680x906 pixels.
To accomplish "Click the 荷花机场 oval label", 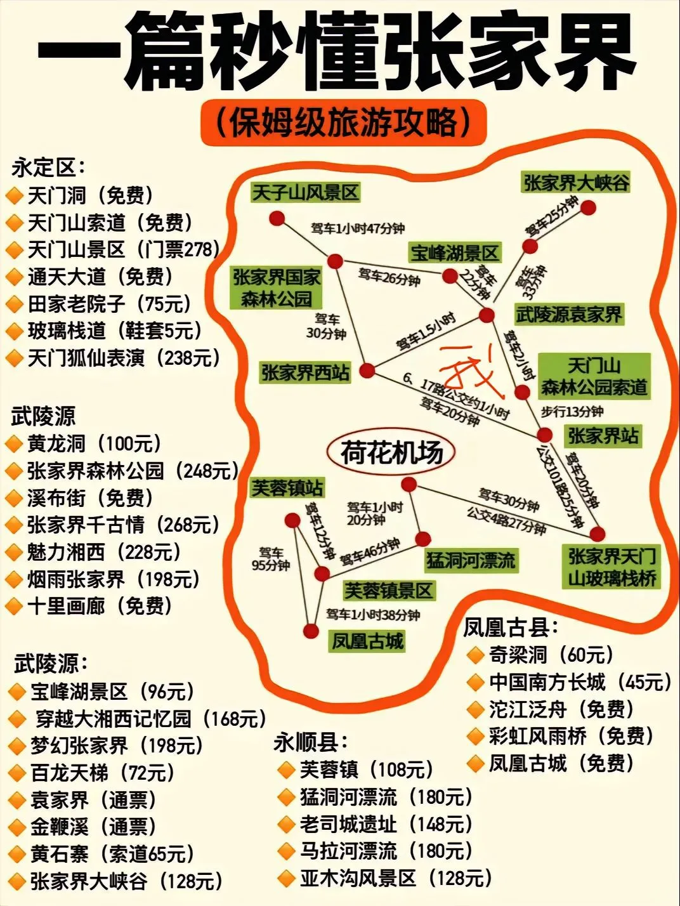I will pyautogui.click(x=391, y=453).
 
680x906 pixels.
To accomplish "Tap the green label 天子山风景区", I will pyautogui.click(x=306, y=192).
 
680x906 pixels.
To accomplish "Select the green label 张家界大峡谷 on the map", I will pyautogui.click(x=576, y=183).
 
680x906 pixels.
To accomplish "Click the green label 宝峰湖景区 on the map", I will pyautogui.click(x=454, y=253).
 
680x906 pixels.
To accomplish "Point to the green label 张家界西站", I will pyautogui.click(x=305, y=372).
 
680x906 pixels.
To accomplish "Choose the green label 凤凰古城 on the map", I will pyautogui.click(x=367, y=641).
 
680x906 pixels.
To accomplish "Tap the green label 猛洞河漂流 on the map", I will pyautogui.click(x=471, y=560).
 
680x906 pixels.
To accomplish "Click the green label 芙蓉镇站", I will pyautogui.click(x=287, y=488).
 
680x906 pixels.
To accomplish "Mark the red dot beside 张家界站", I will pyautogui.click(x=545, y=435).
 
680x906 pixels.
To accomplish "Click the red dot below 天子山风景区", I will pyautogui.click(x=276, y=218).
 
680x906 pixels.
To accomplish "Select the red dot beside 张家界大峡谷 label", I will pyautogui.click(x=589, y=207).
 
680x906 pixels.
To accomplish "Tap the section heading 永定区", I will pyautogui.click(x=48, y=168).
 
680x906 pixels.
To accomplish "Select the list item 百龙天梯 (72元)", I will pyautogui.click(x=101, y=773).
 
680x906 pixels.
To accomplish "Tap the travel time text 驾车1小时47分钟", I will pyautogui.click(x=357, y=228).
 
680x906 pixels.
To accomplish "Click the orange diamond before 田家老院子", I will pyautogui.click(x=13, y=305).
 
